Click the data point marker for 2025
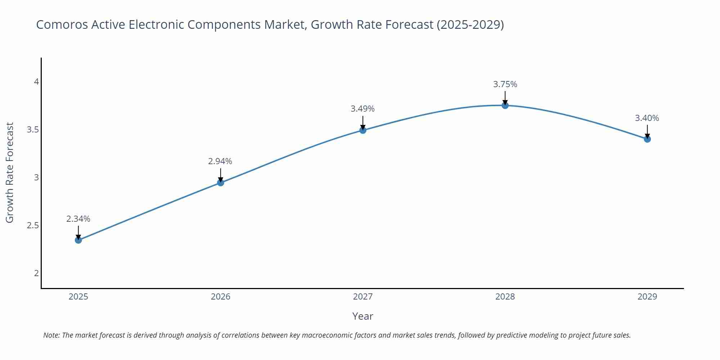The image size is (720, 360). (x=78, y=240)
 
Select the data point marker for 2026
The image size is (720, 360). (x=221, y=183)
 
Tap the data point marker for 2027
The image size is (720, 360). (x=363, y=130)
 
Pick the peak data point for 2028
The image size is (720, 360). (x=505, y=105)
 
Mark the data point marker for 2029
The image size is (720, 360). (x=647, y=139)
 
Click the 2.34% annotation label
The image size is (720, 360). (x=78, y=219)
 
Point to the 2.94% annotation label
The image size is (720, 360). (x=220, y=162)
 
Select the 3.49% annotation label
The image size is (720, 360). (x=363, y=109)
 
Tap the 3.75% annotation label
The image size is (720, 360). (x=505, y=84)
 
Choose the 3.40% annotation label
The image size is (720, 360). (x=647, y=118)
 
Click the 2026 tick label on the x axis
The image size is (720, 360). (x=221, y=297)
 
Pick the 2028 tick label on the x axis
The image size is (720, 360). (x=505, y=297)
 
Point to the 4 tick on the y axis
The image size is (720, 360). (x=36, y=82)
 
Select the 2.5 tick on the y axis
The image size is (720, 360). (x=33, y=225)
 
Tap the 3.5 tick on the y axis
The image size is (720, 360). (x=33, y=130)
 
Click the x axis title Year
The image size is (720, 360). (x=363, y=316)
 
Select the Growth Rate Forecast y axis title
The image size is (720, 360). (x=10, y=172)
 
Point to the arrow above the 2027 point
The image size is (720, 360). (x=363, y=122)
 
